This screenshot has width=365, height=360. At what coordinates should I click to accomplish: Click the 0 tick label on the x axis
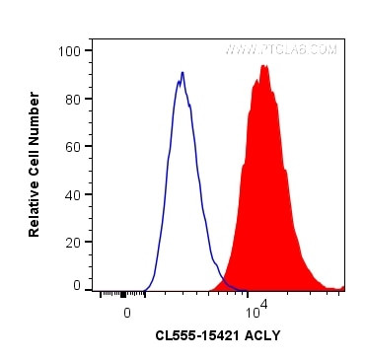coord(126,312)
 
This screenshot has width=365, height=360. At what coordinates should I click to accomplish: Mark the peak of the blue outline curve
coord(182,72)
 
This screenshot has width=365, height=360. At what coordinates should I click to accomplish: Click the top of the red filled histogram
coord(263,66)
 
